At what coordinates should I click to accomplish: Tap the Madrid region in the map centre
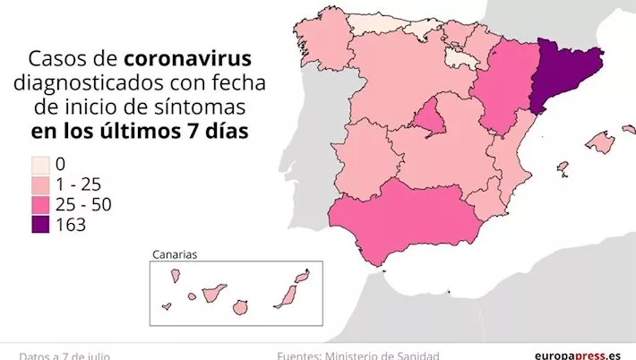pyautogui.click(x=431, y=122)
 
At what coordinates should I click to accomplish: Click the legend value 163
pyautogui.click(x=70, y=225)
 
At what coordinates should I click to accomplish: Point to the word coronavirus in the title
pyautogui.click(x=185, y=59)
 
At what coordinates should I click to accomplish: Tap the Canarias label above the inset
pyautogui.click(x=175, y=253)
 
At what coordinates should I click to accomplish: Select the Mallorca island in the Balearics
pyautogui.click(x=599, y=141)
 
